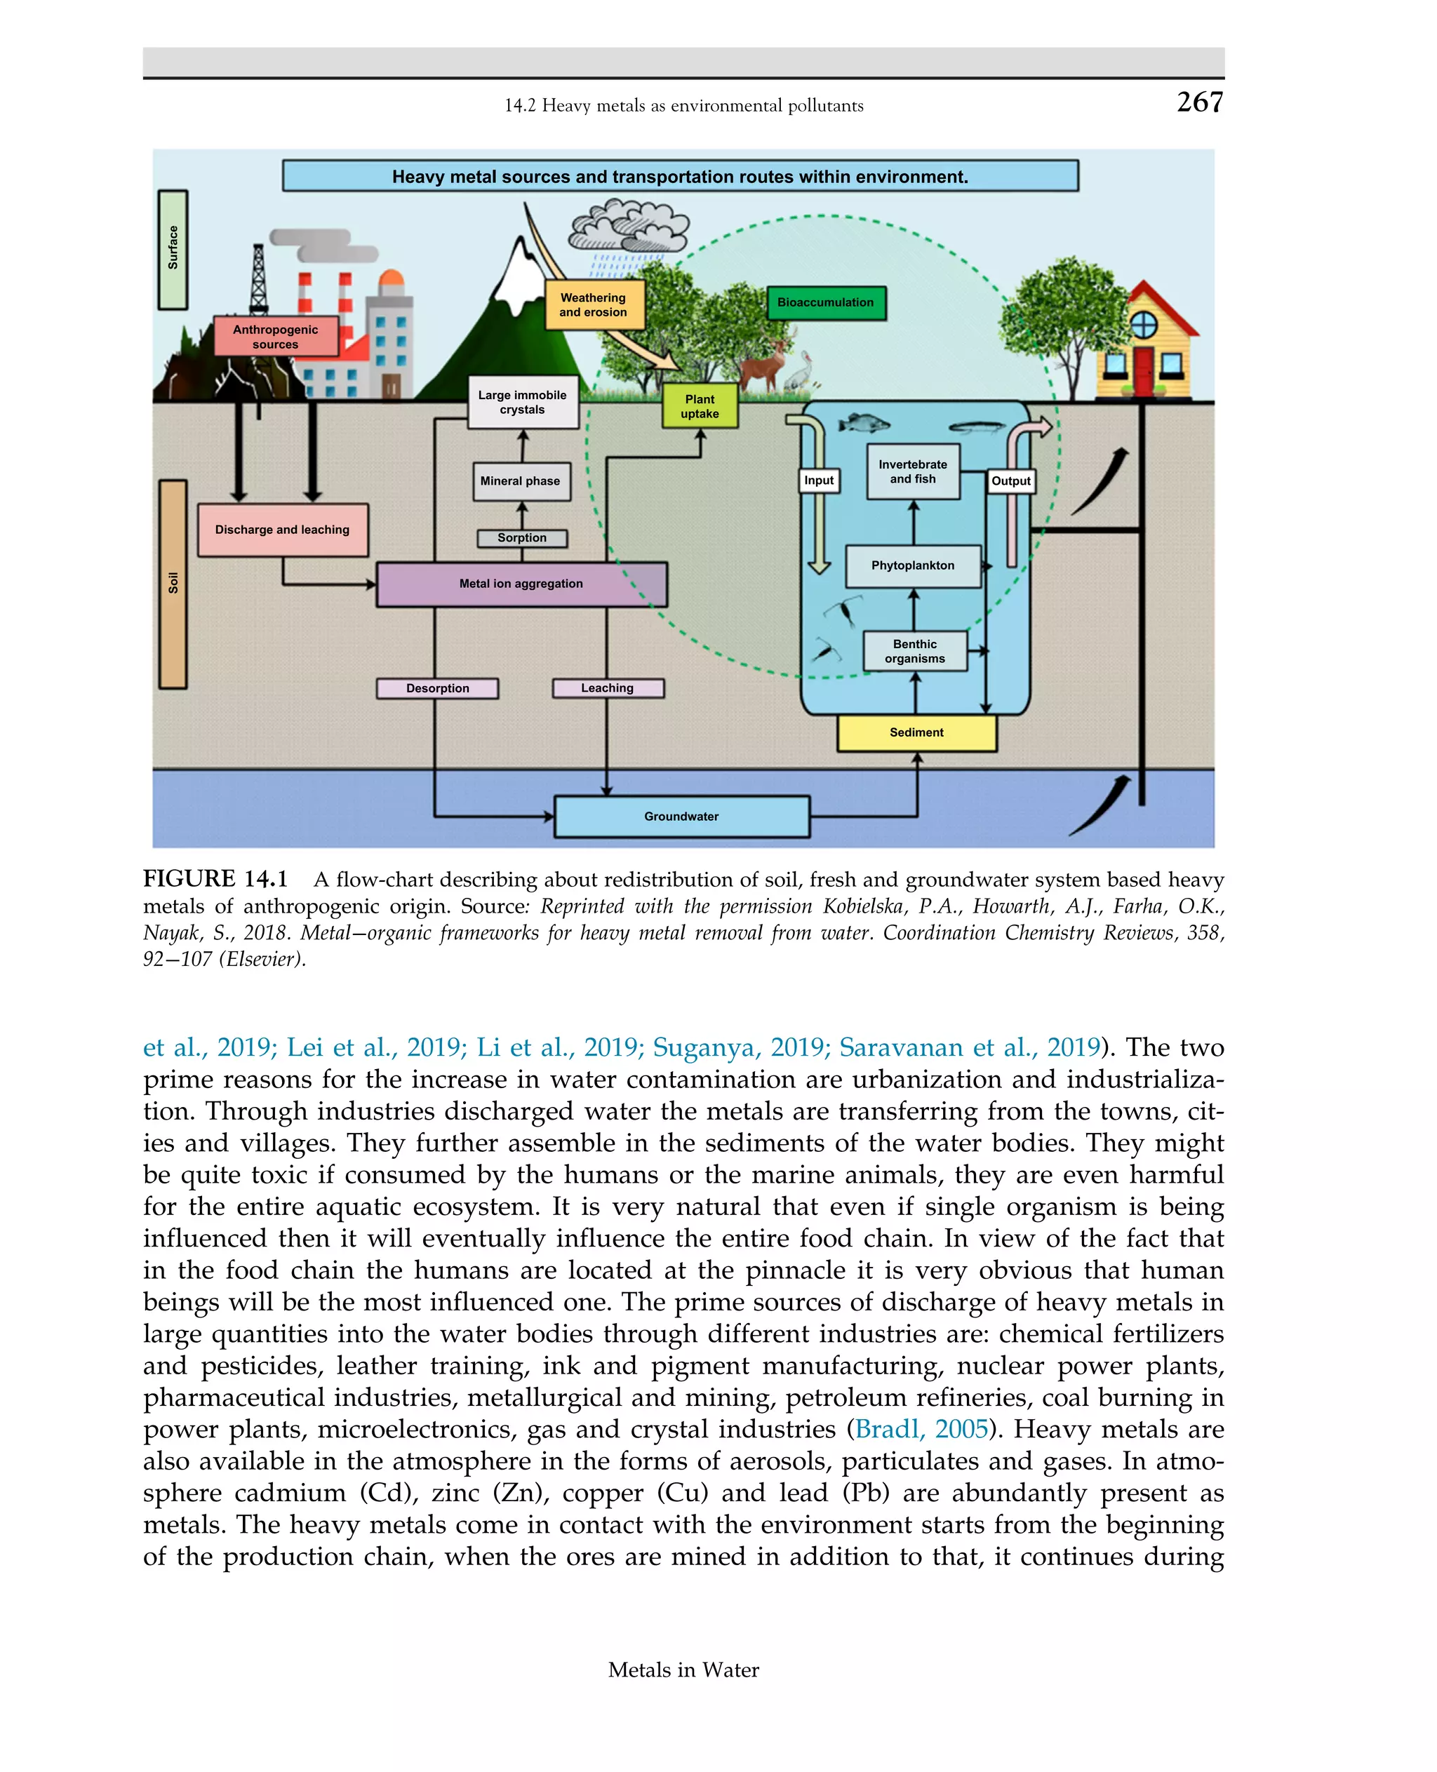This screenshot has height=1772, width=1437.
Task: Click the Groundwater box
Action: coord(681,816)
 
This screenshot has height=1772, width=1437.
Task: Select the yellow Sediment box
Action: coord(916,732)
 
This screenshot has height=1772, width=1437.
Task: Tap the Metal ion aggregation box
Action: coord(521,584)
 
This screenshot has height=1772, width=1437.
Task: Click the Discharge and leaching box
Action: coord(282,530)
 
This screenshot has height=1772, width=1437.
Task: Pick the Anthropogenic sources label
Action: coord(276,336)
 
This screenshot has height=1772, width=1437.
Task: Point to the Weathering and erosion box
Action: coord(594,304)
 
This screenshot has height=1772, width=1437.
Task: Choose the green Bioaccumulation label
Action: coord(825,302)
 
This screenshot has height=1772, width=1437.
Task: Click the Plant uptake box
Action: coord(700,405)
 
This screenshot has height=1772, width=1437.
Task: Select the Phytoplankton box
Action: coord(912,565)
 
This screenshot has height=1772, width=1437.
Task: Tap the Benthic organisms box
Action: coord(915,650)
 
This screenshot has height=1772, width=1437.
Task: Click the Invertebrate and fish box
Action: coord(912,471)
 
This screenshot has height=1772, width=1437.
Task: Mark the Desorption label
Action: coord(437,687)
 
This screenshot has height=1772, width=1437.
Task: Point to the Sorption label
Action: coord(521,538)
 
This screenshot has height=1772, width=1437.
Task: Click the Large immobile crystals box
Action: coord(522,402)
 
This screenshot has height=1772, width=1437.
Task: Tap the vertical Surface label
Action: coord(173,248)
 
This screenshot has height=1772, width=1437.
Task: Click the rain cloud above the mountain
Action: coord(629,225)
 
